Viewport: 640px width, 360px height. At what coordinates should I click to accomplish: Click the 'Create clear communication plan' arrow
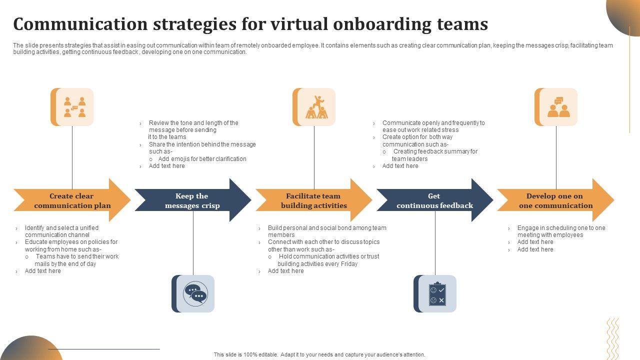[x=72, y=200]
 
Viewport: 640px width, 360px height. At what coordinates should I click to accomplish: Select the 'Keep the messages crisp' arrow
[x=192, y=200]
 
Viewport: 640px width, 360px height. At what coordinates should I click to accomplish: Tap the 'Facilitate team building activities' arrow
[x=313, y=200]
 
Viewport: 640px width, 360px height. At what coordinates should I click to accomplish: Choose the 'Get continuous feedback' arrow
[x=434, y=200]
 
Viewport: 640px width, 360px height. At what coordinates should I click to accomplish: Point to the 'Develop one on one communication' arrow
[x=555, y=200]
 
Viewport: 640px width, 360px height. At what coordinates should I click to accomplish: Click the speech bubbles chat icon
[x=195, y=294]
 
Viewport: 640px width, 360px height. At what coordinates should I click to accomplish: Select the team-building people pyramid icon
[x=316, y=107]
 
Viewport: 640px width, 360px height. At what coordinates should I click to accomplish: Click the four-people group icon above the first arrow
[x=74, y=107]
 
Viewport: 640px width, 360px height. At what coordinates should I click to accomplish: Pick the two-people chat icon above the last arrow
[x=558, y=107]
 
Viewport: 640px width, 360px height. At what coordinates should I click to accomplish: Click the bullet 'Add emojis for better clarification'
[x=202, y=159]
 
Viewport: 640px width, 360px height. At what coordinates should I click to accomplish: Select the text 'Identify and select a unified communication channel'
[x=61, y=231]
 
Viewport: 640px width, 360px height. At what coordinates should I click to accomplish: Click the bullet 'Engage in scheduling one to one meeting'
[x=561, y=231]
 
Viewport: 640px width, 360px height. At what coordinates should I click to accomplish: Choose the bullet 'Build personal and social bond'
[x=326, y=231]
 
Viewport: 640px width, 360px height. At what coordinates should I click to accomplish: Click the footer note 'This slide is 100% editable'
[x=319, y=354]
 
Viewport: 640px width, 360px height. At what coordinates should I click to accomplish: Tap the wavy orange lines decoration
[x=612, y=337]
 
